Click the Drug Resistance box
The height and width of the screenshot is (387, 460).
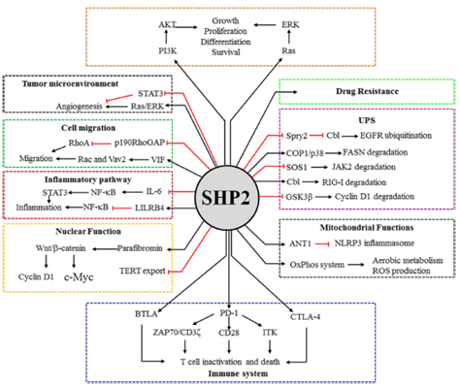point(367,91)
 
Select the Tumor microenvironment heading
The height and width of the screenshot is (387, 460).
point(74,83)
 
